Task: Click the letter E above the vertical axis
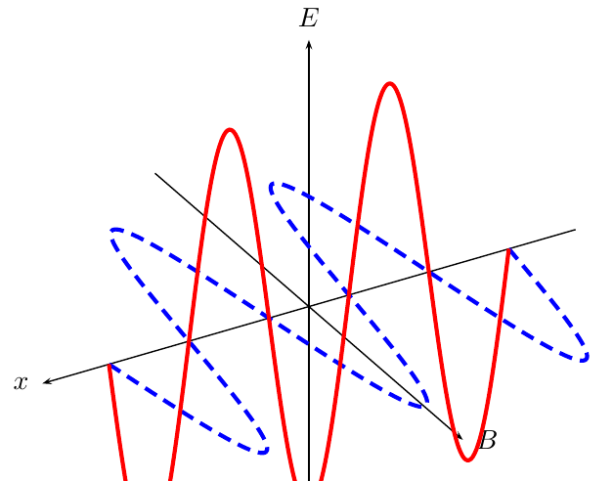click(x=309, y=18)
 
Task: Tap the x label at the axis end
click(x=21, y=382)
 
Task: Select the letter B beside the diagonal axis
click(x=487, y=440)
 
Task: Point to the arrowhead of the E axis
click(x=309, y=44)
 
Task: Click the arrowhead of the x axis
click(x=47, y=381)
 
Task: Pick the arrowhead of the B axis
click(x=460, y=436)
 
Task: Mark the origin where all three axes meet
click(x=309, y=307)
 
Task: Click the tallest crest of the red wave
click(x=390, y=84)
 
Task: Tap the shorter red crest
click(x=230, y=130)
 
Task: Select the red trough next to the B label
click(x=467, y=459)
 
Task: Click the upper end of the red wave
click(x=508, y=249)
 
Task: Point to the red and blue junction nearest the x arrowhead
click(x=109, y=366)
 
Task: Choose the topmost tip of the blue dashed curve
click(x=274, y=184)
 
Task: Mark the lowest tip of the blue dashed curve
click(x=263, y=451)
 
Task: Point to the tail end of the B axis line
click(x=155, y=173)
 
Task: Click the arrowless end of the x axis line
click(x=576, y=230)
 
